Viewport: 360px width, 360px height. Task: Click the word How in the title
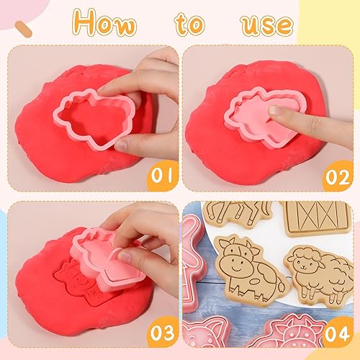(x=104, y=22)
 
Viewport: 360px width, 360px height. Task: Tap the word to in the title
(x=190, y=24)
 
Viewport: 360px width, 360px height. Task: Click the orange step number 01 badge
(x=163, y=176)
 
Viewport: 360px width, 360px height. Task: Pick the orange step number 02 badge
(x=338, y=176)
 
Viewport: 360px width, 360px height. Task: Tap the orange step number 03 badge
(x=163, y=333)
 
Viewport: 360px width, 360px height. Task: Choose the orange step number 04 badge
(x=338, y=333)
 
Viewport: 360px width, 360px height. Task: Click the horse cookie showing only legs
(x=238, y=213)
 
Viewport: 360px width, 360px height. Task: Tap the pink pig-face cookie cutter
(x=204, y=333)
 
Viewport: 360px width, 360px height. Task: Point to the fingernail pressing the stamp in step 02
(x=276, y=110)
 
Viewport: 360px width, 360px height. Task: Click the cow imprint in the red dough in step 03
(x=77, y=281)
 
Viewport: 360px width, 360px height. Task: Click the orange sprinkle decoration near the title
(x=24, y=29)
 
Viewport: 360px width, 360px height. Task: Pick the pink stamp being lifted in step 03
(x=108, y=259)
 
